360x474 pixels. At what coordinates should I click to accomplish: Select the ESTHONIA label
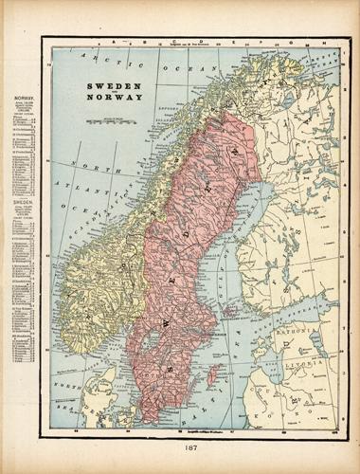click(x=289, y=335)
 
